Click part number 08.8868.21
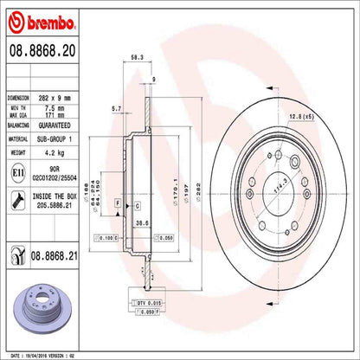55,255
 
